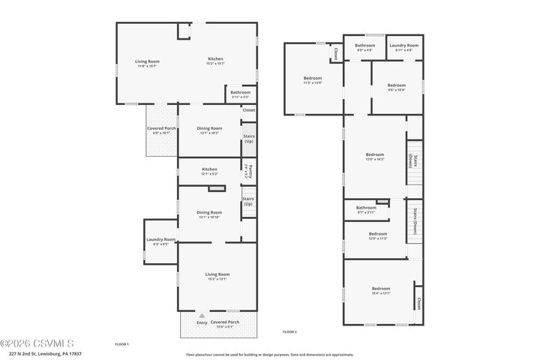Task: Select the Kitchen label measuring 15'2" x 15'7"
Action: click(215, 59)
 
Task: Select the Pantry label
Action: click(248, 172)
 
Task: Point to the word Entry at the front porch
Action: click(202, 322)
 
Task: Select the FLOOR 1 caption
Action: click(121, 343)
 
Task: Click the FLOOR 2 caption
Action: click(289, 331)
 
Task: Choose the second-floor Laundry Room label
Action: click(403, 46)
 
